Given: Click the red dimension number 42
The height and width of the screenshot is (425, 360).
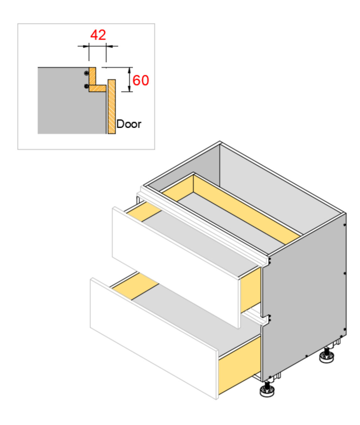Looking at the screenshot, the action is pos(98,35).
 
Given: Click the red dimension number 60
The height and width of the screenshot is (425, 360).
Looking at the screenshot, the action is pos(141,80).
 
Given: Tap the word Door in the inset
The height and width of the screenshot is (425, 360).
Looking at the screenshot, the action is pos(129,124).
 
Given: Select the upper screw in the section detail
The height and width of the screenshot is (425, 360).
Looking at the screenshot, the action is pos(87,73).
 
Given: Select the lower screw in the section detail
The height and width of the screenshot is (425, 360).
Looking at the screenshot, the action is pos(87,86).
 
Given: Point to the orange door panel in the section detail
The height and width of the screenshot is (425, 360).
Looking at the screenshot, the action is pos(112,106).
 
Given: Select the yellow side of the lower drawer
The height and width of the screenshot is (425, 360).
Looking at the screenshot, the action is pos(239,365).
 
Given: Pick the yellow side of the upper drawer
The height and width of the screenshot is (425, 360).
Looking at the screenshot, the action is pos(251,290).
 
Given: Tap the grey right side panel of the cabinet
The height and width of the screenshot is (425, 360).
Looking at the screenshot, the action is pos(304,296).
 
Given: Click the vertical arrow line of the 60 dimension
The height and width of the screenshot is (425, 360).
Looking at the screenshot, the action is pos(129,80).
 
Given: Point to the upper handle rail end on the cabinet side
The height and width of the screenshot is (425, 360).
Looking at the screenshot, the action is pos(268,261).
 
